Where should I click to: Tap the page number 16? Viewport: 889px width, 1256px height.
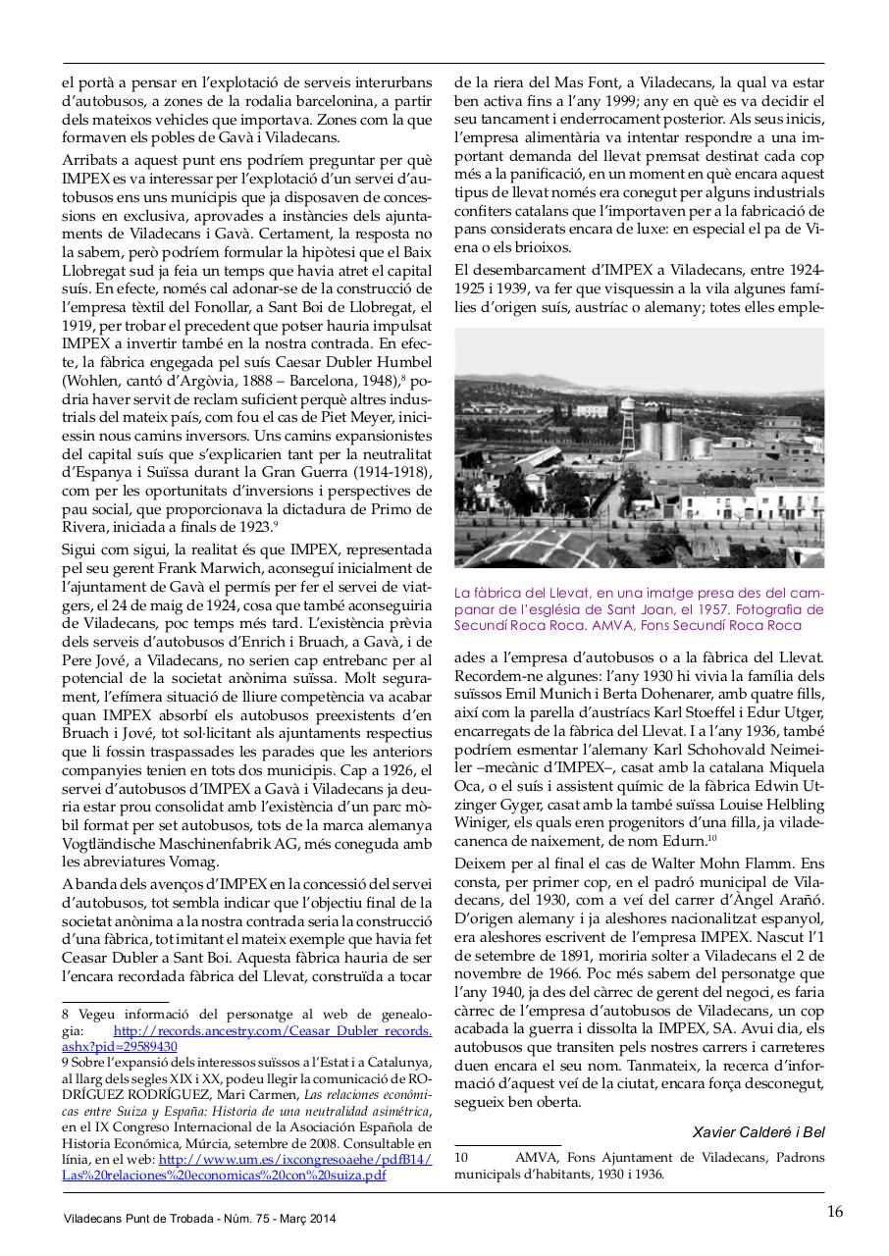[x=833, y=1210]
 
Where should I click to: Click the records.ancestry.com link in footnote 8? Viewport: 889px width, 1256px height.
[x=272, y=1031]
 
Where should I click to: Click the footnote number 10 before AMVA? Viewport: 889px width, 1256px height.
[x=461, y=1158]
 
